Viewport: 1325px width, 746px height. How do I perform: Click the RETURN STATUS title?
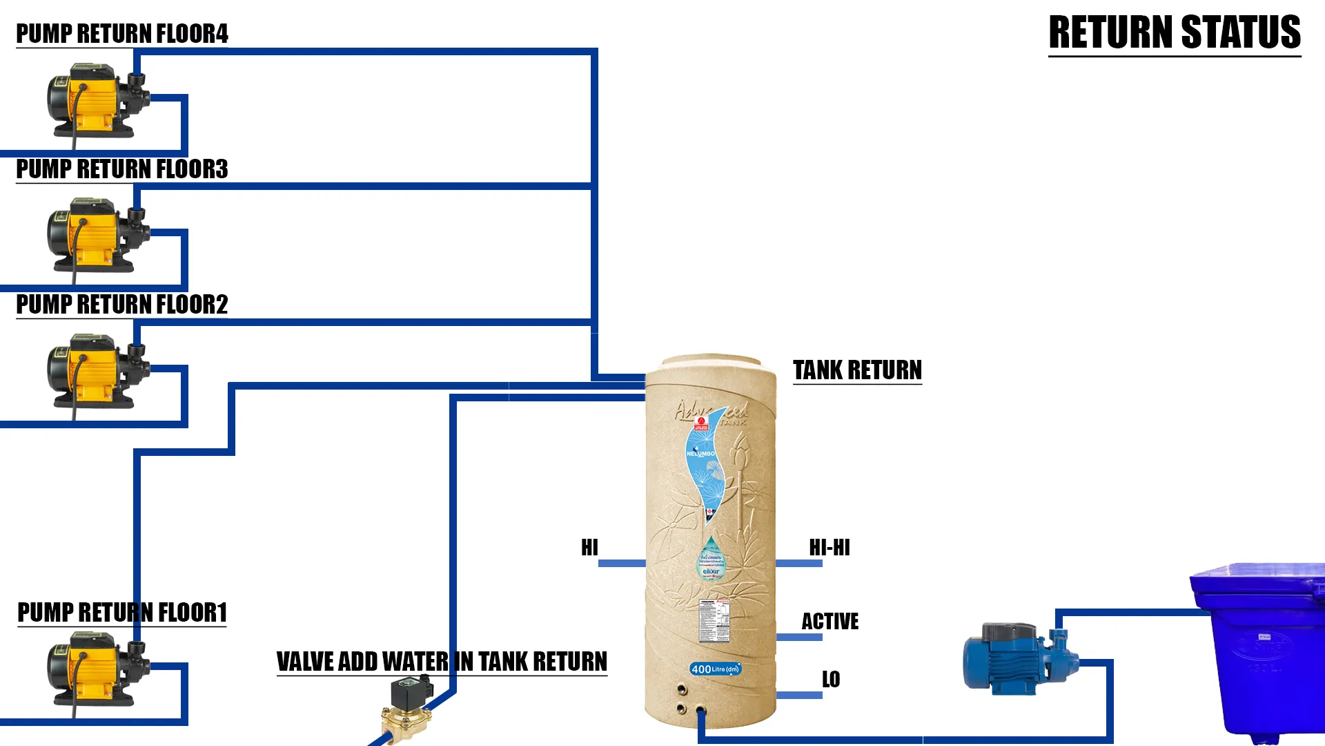point(1174,32)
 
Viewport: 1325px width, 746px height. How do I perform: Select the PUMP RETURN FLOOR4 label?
point(121,34)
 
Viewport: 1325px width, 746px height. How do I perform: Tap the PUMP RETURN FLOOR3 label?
point(121,169)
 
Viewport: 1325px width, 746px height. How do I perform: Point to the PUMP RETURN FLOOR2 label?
point(121,305)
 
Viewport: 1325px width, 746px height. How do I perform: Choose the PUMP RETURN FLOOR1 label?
point(121,613)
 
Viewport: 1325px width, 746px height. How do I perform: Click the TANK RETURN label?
point(857,370)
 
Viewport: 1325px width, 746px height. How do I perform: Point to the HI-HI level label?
point(830,548)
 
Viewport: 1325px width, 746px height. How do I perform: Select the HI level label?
point(589,548)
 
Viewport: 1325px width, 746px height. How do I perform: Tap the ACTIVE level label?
point(830,622)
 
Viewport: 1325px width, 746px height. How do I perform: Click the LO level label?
point(831,680)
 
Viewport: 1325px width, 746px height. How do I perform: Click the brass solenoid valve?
point(407,708)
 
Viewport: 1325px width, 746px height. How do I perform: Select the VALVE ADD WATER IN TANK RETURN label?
point(442,662)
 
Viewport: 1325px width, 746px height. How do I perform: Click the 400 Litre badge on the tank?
point(715,669)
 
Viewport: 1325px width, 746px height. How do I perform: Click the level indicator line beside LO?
point(799,695)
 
